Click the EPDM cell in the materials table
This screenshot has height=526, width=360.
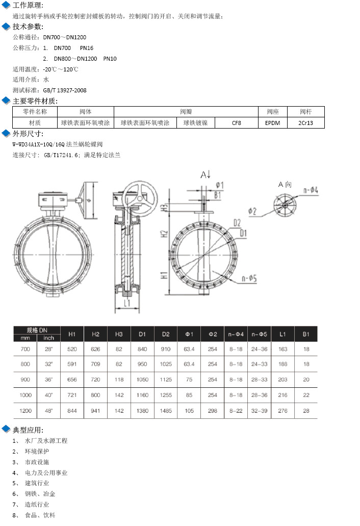click(x=272, y=123)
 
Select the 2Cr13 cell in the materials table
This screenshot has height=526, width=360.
click(x=305, y=123)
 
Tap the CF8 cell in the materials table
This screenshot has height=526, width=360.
click(x=236, y=123)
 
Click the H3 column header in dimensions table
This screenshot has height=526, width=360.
click(x=119, y=334)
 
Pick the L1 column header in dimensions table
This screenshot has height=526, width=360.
click(x=282, y=334)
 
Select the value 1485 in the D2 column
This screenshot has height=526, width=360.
click(x=166, y=411)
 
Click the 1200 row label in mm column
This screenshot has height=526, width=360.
click(x=25, y=411)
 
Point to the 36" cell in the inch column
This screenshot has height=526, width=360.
click(x=48, y=380)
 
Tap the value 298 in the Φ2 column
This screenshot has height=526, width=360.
click(x=213, y=411)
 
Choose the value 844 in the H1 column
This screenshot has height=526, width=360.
click(x=72, y=411)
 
